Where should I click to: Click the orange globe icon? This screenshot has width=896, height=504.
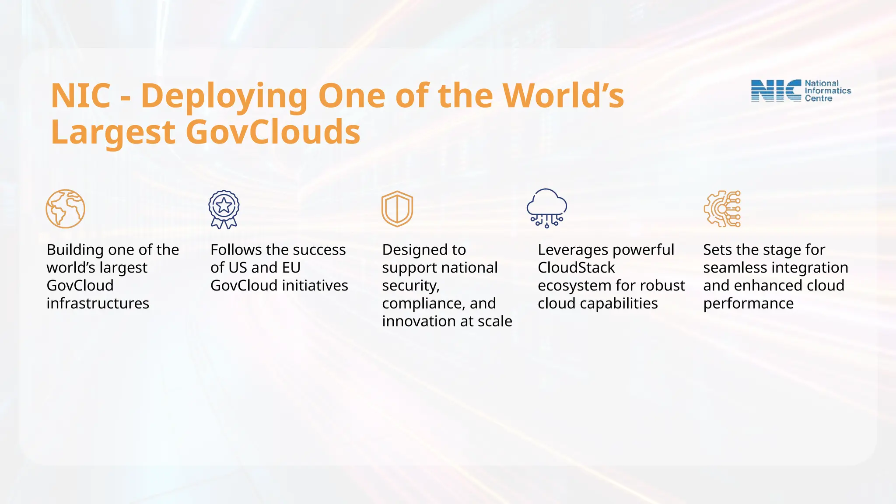[65, 209]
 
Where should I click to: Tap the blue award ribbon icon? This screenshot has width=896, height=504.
[224, 209]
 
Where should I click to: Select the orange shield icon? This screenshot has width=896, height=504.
[397, 209]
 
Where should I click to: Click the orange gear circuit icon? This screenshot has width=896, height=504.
[722, 209]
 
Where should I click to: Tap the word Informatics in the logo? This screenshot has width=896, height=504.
[828, 91]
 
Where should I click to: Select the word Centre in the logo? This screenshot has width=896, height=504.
[818, 98]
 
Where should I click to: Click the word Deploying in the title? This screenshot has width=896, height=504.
[224, 96]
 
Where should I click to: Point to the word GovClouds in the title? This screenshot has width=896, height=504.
[273, 132]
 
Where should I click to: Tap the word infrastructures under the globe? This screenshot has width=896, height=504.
[98, 303]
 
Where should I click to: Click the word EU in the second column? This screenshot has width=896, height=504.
[291, 267]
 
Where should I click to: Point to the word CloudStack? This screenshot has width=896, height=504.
[576, 267]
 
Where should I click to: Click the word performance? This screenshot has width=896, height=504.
[748, 303]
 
